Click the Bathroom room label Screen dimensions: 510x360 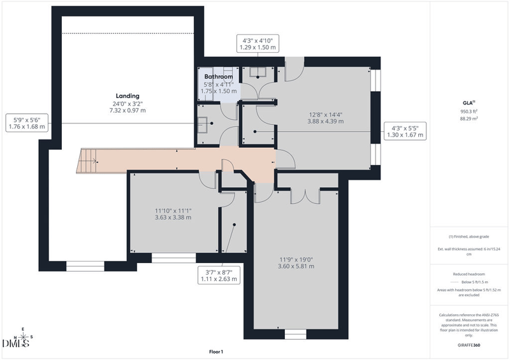click(218, 76)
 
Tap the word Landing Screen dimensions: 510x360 click(127, 96)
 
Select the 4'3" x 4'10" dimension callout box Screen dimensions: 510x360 click(258, 44)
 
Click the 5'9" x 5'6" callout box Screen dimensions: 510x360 click(27, 123)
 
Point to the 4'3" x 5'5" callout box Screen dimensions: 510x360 click(405, 131)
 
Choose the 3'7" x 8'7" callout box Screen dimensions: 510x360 click(219, 275)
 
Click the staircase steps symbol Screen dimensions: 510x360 click(87, 161)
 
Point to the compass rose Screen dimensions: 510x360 click(23, 336)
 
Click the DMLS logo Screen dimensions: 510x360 click(16, 343)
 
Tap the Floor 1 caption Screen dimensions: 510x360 click(216, 352)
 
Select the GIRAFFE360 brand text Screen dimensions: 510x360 click(469, 345)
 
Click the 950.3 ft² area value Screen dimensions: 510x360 click(469, 112)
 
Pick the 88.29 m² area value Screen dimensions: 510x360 click(469, 119)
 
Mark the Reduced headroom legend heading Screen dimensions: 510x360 click(469, 274)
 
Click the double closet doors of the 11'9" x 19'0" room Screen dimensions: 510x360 click(305, 196)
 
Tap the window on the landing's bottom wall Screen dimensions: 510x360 click(85, 266)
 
